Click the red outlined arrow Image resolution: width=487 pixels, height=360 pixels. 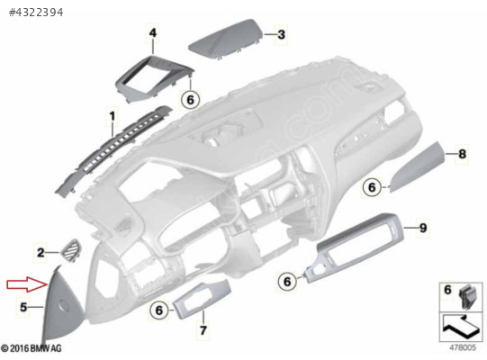tap(27, 284)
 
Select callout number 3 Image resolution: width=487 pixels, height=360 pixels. tap(281, 34)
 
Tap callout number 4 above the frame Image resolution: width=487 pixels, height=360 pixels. tap(153, 32)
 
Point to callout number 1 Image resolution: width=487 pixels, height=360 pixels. tap(113, 116)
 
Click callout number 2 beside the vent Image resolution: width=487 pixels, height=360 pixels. tap(41, 253)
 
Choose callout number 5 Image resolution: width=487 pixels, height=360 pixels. tap(23, 307)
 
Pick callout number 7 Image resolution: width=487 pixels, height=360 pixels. tap(203, 330)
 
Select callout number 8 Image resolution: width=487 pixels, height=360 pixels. tap(462, 154)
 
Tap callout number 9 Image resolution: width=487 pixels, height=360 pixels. tap(423, 228)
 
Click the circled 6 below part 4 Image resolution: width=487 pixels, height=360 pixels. tap(190, 100)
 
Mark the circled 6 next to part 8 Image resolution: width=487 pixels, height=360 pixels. tap(372, 187)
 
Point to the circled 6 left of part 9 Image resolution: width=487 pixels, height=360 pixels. tap(287, 282)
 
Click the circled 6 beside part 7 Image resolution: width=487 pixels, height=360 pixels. tap(158, 310)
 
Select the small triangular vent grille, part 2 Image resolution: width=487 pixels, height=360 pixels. tap(71, 250)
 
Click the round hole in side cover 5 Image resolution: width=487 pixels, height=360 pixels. tap(64, 305)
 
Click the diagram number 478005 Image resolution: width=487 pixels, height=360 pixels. tap(463, 347)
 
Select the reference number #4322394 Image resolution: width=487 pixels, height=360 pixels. tap(36, 13)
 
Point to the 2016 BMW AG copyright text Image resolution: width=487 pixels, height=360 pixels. tap(32, 348)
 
